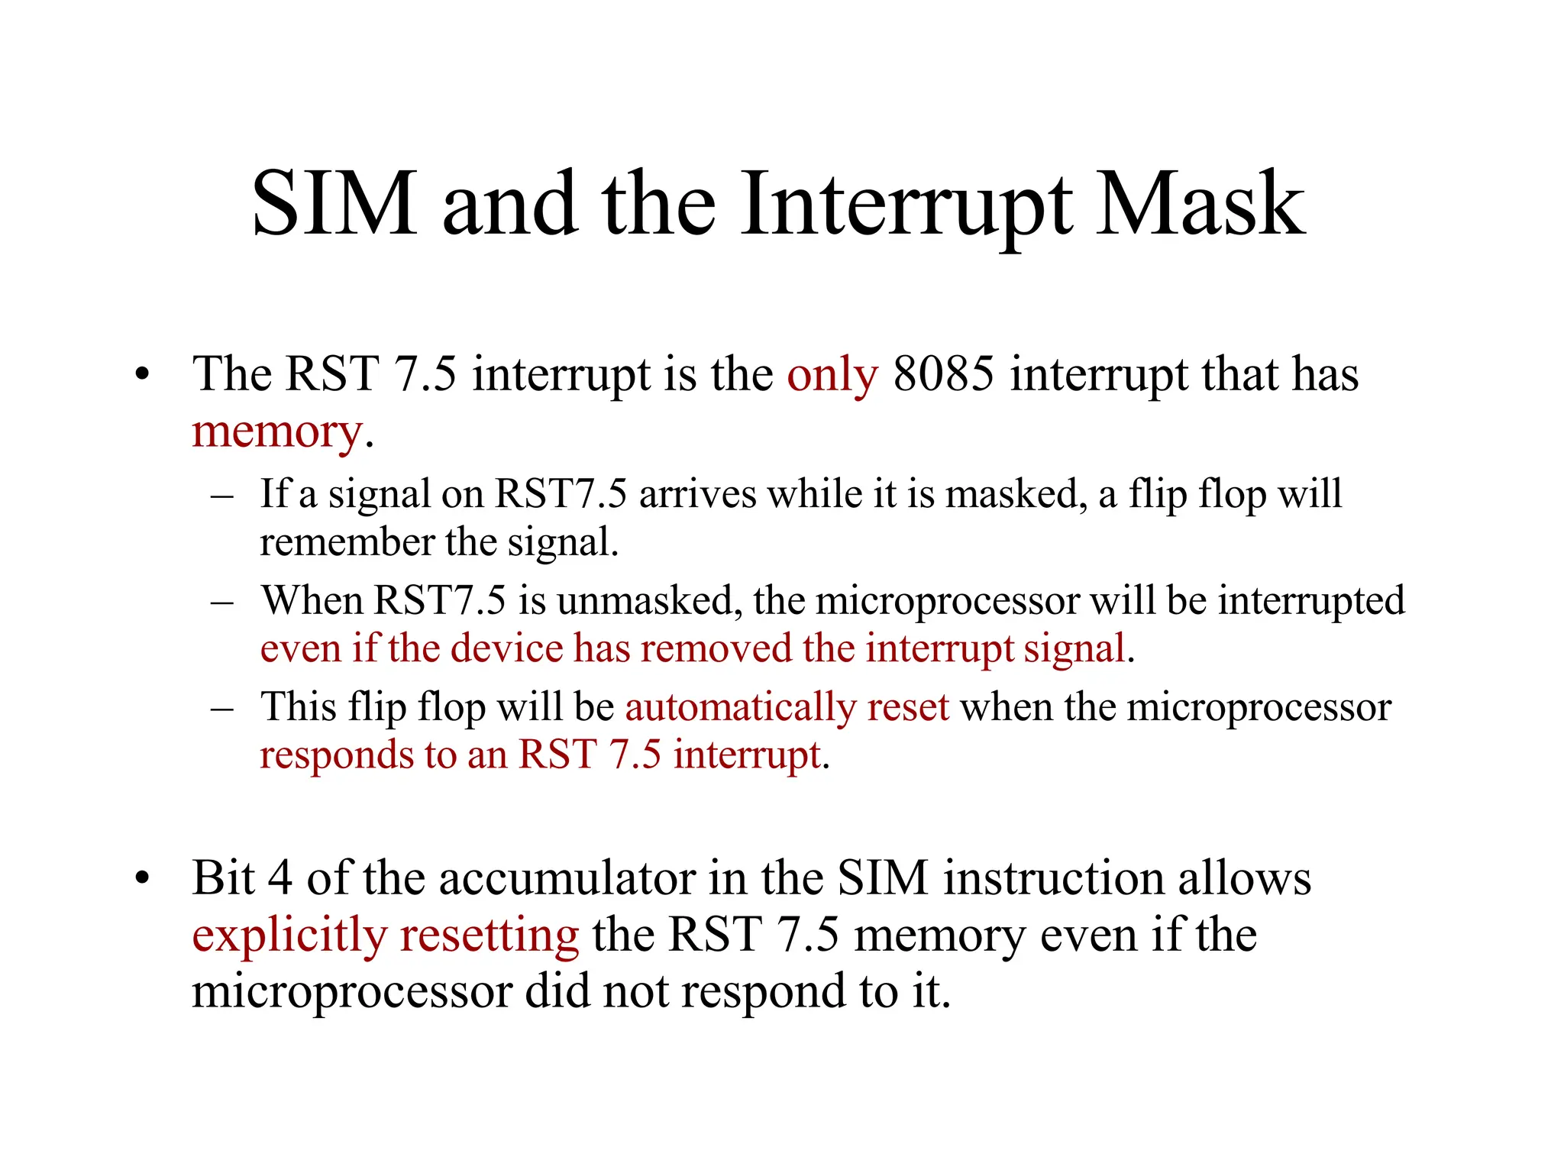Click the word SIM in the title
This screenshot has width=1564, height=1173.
click(334, 204)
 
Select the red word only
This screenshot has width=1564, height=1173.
click(832, 376)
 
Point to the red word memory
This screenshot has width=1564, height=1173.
click(276, 432)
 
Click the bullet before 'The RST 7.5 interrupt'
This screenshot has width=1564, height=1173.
click(141, 376)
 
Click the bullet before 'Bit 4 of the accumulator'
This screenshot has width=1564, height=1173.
click(141, 879)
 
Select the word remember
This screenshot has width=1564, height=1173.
click(347, 542)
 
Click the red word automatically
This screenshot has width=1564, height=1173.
click(740, 707)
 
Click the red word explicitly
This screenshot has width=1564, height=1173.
click(289, 936)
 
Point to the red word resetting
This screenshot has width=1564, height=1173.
click(490, 936)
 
